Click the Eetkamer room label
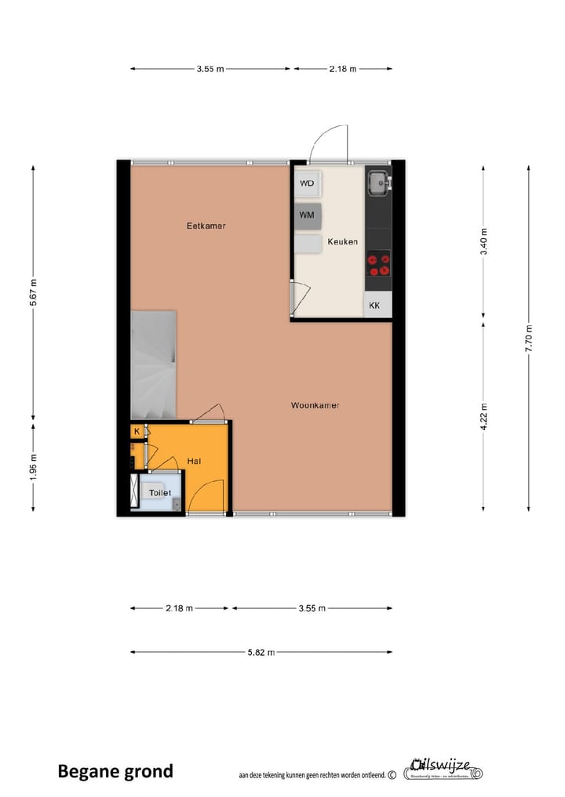pos(206,226)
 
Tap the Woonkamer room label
pos(315,405)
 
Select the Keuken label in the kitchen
pos(342,241)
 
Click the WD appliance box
pos(308,183)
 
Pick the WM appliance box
pos(308,214)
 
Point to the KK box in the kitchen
pos(375,306)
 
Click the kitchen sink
pos(377,183)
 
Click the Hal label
pos(195,462)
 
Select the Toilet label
pos(160,492)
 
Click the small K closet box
pos(137,431)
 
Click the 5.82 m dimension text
pos(262,651)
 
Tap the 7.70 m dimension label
pos(530,338)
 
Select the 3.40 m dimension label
pos(484,241)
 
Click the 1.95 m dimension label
pos(33,467)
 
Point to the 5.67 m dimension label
pos(33,293)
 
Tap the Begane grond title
pos(115,771)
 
